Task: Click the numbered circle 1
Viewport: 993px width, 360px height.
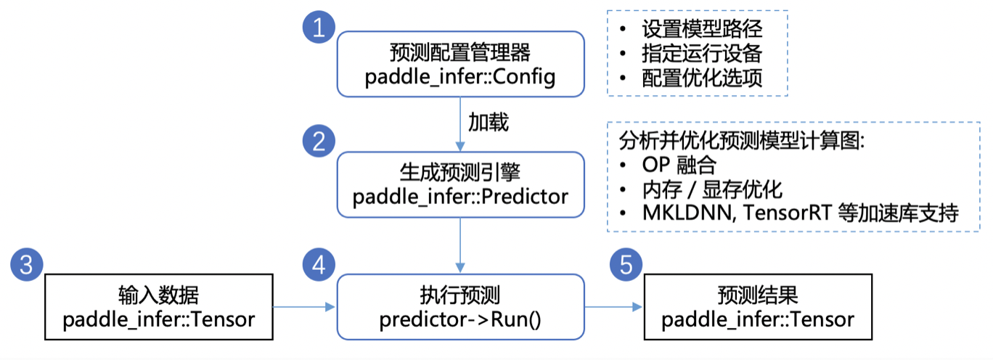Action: (x=318, y=28)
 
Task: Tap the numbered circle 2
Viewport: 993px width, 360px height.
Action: (x=318, y=141)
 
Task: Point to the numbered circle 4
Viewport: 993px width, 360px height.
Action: (x=318, y=266)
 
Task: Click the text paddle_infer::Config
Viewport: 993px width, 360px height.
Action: (x=460, y=76)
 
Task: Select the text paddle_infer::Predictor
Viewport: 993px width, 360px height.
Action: (x=460, y=196)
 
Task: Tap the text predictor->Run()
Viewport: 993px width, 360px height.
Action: (x=460, y=319)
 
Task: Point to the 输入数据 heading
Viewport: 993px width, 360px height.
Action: (x=158, y=295)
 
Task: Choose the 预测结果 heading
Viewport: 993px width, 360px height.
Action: (x=758, y=295)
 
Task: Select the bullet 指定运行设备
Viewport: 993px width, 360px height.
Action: (x=701, y=54)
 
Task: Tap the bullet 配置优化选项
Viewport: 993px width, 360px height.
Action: (x=701, y=78)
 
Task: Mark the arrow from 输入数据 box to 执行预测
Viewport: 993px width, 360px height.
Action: (x=304, y=308)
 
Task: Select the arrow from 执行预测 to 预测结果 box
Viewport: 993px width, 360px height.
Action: (x=614, y=308)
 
